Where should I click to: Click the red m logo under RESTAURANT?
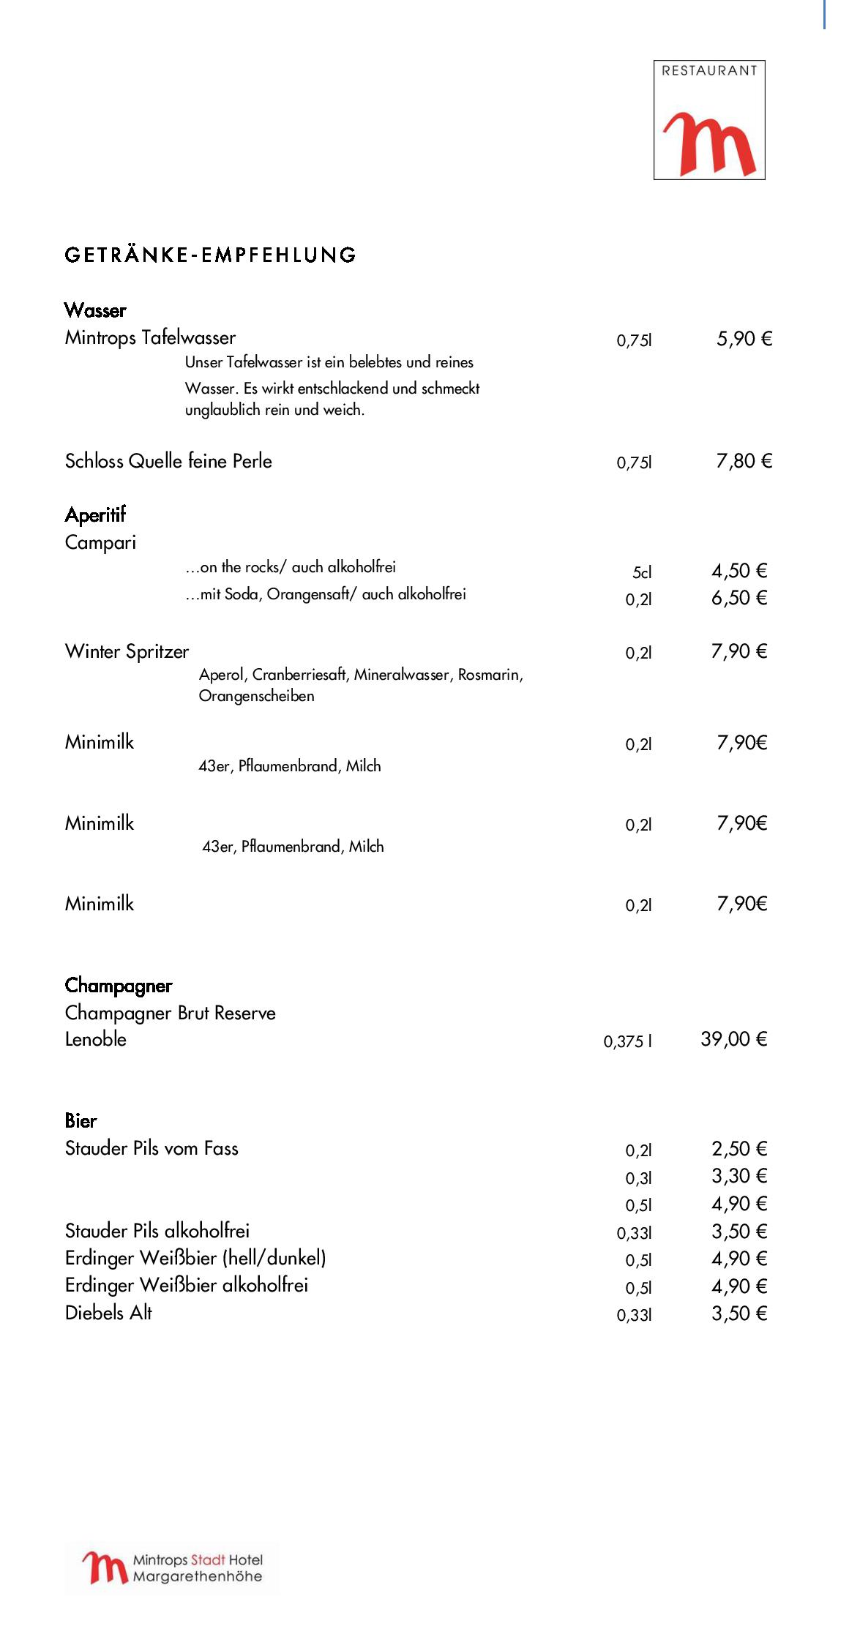click(x=708, y=144)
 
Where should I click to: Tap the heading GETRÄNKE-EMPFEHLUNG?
click(x=211, y=255)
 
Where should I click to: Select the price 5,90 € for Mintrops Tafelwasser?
click(x=744, y=339)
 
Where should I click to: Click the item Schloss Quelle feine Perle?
click(x=168, y=461)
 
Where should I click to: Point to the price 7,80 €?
click(x=744, y=461)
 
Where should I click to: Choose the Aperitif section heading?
click(x=95, y=514)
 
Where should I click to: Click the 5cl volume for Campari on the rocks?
click(x=641, y=572)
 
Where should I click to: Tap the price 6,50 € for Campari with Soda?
click(x=738, y=599)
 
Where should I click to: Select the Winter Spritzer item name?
click(x=127, y=651)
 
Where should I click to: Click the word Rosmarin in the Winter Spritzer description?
click(x=490, y=675)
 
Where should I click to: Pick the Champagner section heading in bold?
click(x=119, y=986)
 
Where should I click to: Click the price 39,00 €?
click(x=733, y=1039)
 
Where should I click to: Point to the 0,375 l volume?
click(x=627, y=1041)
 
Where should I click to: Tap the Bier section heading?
click(x=81, y=1121)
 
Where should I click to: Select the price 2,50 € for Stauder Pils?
click(x=738, y=1149)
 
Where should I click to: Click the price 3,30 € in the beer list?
click(x=738, y=1176)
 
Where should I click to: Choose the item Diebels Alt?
click(x=108, y=1313)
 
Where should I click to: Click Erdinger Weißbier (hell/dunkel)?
click(x=195, y=1259)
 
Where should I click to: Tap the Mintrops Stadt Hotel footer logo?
click(x=173, y=1568)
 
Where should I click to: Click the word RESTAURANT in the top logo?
click(x=708, y=71)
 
